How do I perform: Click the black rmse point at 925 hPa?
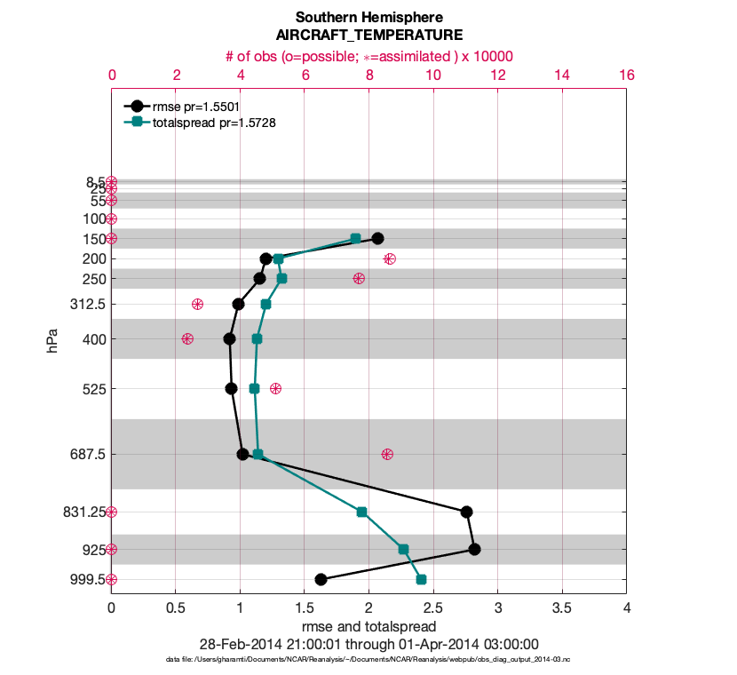pos(475,549)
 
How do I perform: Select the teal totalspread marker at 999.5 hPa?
pos(421,579)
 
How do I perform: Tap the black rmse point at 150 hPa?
pos(377,238)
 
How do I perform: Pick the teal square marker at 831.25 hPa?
pos(361,512)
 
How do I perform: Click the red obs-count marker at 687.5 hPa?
pos(387,454)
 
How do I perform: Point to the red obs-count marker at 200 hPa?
pos(389,258)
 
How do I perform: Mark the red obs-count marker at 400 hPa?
pos(187,338)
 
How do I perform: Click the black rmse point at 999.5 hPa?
pos(321,579)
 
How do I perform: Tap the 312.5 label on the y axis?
pos(87,304)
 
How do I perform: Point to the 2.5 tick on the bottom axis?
pos(433,608)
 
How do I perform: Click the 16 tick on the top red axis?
pos(626,75)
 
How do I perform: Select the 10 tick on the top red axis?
pos(433,75)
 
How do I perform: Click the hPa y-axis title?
pos(52,338)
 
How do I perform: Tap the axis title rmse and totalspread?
pos(368,626)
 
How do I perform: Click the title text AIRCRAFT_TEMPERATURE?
pos(368,36)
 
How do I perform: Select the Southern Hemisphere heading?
pos(368,17)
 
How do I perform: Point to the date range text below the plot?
pos(368,644)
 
